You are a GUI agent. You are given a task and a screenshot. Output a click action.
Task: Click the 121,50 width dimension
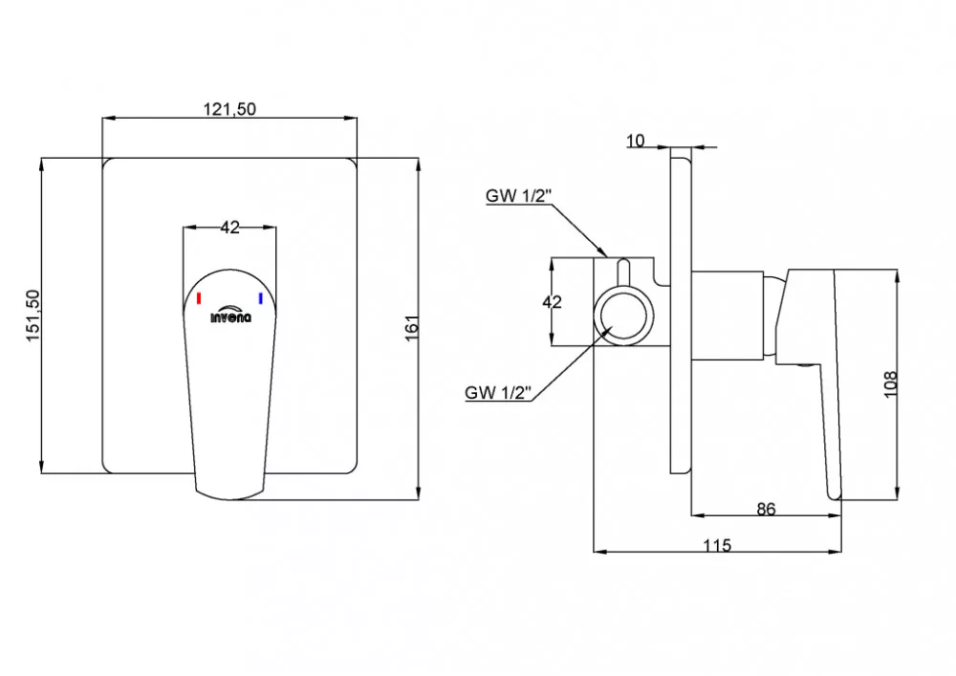(229, 109)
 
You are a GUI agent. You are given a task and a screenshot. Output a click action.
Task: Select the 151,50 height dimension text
(33, 316)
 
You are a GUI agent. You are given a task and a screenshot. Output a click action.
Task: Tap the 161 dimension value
(413, 327)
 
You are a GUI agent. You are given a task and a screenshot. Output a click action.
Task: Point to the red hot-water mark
(199, 298)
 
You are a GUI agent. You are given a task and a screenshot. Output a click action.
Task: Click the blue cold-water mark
(260, 298)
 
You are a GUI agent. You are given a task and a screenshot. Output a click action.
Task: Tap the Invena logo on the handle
(230, 314)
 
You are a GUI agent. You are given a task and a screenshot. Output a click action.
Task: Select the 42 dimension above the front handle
(229, 228)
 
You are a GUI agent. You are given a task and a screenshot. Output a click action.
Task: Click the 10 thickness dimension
(636, 141)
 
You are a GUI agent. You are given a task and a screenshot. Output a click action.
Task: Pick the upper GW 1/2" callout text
(518, 196)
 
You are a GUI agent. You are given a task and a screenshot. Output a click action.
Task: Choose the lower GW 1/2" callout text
(498, 393)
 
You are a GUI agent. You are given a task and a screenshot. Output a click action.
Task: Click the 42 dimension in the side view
(552, 302)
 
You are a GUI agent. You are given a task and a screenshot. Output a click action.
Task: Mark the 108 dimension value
(891, 384)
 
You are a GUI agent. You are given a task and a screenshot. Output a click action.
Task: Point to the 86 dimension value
(766, 509)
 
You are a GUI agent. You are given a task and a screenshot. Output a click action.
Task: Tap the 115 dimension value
(717, 545)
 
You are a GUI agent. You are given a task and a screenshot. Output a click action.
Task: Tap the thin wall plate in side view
(681, 310)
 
